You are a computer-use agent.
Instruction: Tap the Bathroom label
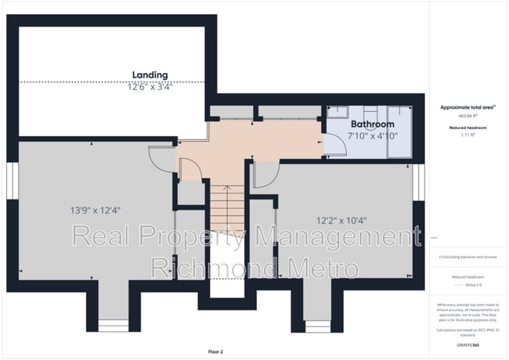click(372, 124)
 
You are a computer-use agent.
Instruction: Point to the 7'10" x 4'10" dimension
click(373, 135)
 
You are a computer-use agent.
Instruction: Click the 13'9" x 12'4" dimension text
click(95, 210)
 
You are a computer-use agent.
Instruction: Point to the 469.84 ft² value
click(467, 115)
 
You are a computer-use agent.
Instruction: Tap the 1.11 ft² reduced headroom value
click(467, 135)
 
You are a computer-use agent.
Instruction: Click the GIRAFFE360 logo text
click(468, 344)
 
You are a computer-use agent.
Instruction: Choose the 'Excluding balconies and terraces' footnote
click(467, 256)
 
